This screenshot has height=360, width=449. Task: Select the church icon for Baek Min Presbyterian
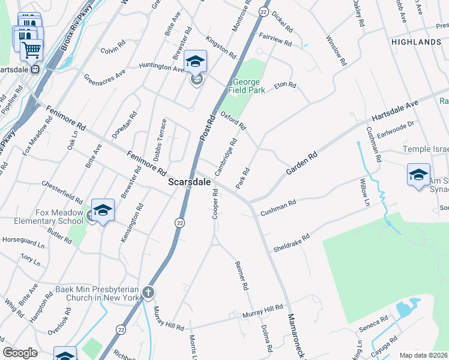148,293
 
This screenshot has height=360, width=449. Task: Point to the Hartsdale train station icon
35,69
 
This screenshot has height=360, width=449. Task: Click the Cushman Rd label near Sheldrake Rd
278,208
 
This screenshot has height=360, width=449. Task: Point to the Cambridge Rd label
227,157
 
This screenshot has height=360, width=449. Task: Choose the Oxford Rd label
234,121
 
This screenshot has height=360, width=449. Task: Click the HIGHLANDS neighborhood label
416,42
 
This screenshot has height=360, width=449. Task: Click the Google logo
20,353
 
